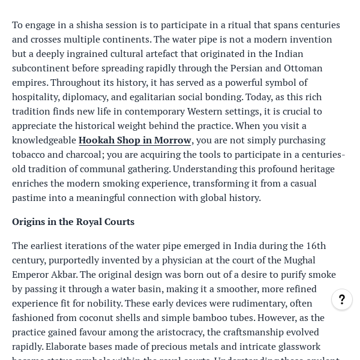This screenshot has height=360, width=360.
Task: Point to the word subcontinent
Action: click(43, 68)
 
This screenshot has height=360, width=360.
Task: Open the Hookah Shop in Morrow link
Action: click(134, 140)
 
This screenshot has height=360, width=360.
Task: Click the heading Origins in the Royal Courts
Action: click(73, 221)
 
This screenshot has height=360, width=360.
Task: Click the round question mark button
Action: click(342, 299)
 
